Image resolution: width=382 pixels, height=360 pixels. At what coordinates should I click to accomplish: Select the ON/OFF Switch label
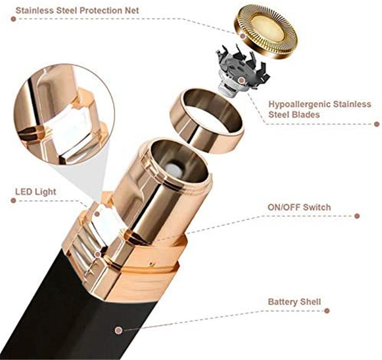point(299,207)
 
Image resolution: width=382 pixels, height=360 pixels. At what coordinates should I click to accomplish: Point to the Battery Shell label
point(294,302)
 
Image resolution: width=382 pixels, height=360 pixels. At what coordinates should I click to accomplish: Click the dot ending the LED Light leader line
point(97,213)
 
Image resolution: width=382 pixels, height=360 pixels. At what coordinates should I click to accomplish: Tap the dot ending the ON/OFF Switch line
point(357,215)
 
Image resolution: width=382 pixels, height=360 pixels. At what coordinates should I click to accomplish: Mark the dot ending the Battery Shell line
point(326,310)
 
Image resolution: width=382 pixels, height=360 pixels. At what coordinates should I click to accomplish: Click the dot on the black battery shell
point(119,330)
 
